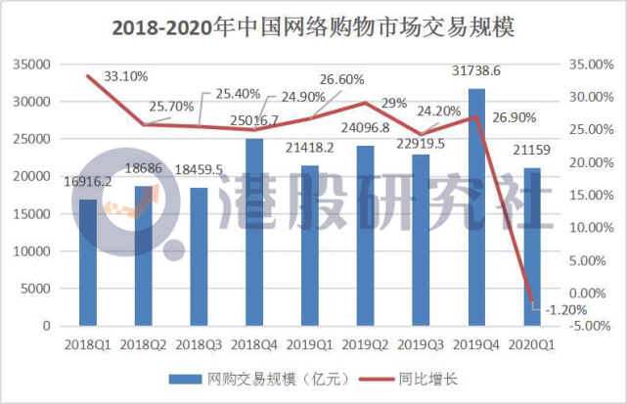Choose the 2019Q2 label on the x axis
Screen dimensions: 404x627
(365, 344)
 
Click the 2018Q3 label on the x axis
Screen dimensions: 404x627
(199, 344)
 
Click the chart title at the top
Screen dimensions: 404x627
(313, 27)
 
